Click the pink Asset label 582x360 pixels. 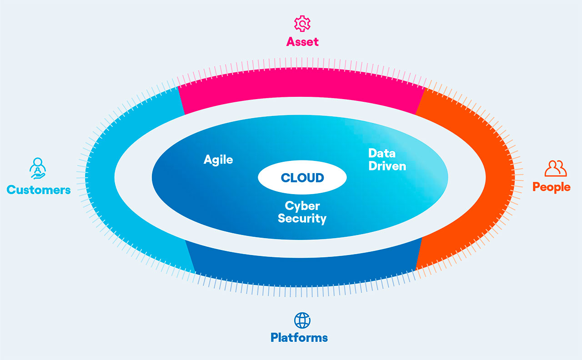pyautogui.click(x=302, y=42)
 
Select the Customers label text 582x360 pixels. pyautogui.click(x=39, y=190)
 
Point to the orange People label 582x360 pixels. pyautogui.click(x=551, y=187)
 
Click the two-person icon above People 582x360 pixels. pyautogui.click(x=556, y=168)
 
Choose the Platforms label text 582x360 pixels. pyautogui.click(x=299, y=337)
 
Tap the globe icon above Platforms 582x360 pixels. pyautogui.click(x=302, y=320)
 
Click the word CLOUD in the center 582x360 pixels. pyautogui.click(x=302, y=178)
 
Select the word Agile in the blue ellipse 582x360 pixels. pyautogui.click(x=218, y=160)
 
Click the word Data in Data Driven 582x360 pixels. pyautogui.click(x=381, y=154)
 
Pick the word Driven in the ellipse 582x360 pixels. pyautogui.click(x=387, y=166)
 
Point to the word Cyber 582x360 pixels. pyautogui.click(x=302, y=206)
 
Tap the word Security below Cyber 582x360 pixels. pyautogui.click(x=302, y=218)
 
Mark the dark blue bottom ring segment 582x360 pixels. pyautogui.click(x=302, y=268)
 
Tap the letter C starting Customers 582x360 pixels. pyautogui.click(x=11, y=190)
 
